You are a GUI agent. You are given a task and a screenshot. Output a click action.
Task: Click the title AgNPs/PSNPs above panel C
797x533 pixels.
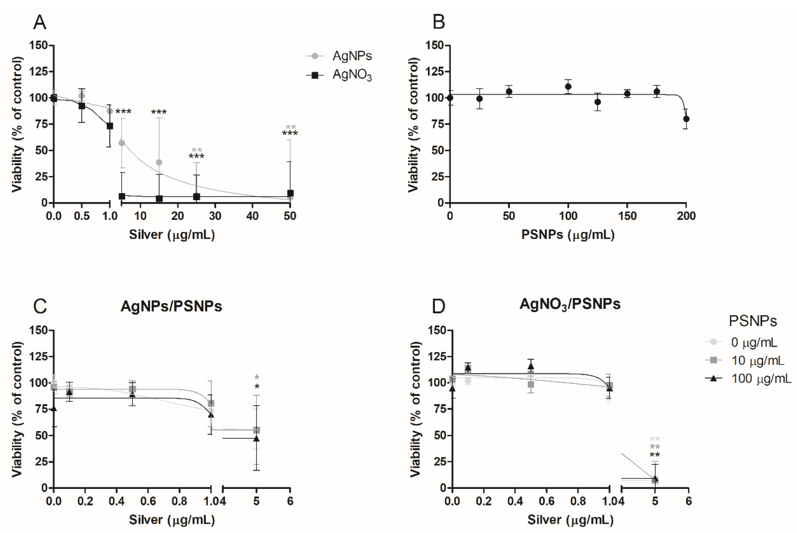click(171, 306)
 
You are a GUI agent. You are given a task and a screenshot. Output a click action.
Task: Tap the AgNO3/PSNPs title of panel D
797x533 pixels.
click(570, 304)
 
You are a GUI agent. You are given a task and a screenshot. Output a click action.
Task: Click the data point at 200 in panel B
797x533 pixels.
click(686, 119)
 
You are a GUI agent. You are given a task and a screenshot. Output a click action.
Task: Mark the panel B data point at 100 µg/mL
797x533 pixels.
click(568, 86)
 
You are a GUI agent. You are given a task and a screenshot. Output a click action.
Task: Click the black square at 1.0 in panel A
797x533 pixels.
click(110, 126)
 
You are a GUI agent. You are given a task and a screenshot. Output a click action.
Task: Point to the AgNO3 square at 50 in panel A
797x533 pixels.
click(290, 193)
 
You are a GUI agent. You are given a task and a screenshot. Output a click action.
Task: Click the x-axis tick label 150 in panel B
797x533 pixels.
click(627, 216)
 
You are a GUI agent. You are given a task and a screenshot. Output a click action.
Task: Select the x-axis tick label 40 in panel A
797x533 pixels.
click(252, 216)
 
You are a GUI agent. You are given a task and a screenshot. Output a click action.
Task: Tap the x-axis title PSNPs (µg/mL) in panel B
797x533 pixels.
click(568, 235)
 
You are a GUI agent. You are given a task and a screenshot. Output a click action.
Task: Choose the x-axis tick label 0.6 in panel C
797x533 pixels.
click(148, 501)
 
